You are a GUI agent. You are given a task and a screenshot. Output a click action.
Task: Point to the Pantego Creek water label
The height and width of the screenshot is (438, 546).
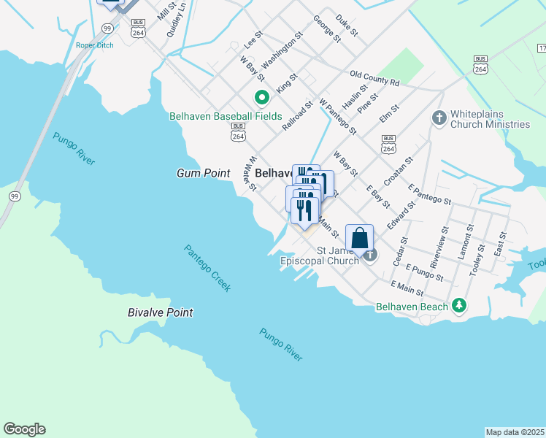207,268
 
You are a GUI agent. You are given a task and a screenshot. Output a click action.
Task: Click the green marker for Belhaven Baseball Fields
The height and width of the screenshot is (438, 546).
261,97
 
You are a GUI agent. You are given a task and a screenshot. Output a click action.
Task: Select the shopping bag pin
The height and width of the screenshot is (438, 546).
359,238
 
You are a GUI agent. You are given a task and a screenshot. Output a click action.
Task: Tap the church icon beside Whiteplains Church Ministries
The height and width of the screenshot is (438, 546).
439,118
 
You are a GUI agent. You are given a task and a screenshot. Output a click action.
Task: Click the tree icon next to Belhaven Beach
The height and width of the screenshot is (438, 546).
459,307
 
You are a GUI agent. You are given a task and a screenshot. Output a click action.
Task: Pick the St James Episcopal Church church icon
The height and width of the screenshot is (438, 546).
371,255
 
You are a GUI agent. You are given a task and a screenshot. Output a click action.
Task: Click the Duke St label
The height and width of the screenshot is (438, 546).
346,25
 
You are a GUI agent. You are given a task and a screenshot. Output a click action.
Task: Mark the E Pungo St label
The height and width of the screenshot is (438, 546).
424,273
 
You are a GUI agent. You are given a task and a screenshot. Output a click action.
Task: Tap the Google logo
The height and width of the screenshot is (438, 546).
24,429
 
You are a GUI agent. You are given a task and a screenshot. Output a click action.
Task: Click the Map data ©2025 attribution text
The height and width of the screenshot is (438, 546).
515,432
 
